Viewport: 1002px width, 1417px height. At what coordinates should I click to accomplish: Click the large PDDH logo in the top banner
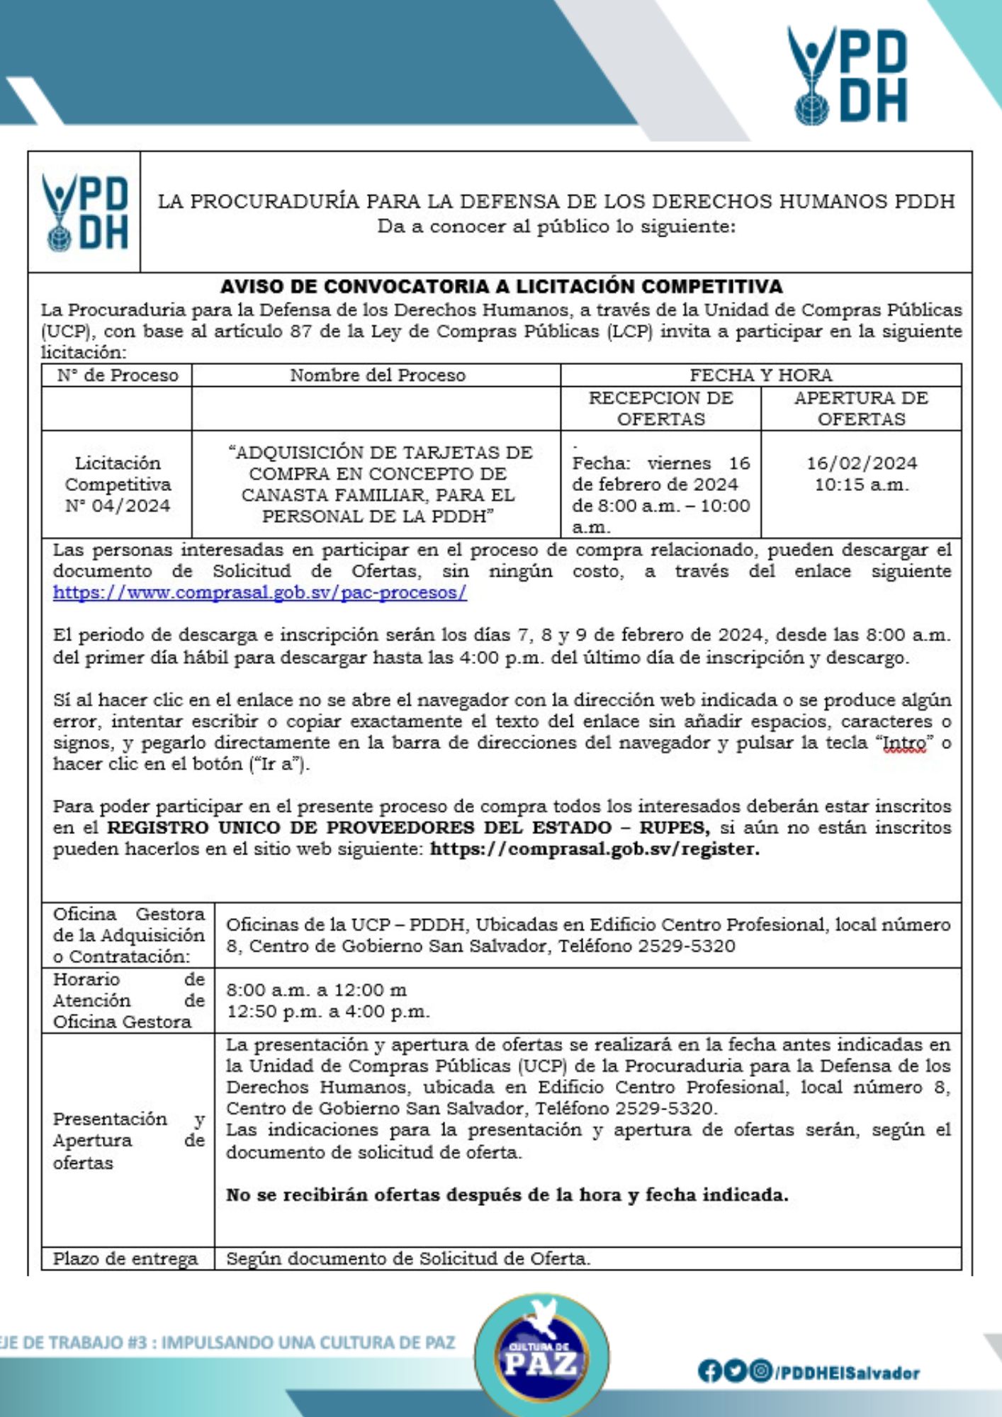pos(847,75)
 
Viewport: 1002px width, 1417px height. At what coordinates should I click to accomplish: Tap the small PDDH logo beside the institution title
pos(85,212)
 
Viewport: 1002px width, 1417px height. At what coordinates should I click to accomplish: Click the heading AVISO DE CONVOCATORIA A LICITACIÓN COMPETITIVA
pos(501,286)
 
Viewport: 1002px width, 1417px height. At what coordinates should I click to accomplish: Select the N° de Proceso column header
pos(117,375)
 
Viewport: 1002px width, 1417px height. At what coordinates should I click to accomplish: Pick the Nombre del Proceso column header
pos(377,375)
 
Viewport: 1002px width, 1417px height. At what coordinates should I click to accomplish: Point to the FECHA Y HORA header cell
pos(760,375)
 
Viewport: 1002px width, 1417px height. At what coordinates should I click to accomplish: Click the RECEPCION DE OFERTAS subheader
pos(660,408)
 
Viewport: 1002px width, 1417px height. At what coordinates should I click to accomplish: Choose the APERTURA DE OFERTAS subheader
pos(861,408)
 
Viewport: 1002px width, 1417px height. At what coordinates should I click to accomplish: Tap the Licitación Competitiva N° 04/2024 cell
pos(117,484)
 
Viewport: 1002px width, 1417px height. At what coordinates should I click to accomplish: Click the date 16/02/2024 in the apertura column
pos(861,463)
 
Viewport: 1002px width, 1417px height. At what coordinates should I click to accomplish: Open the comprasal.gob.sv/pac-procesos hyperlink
pos(260,592)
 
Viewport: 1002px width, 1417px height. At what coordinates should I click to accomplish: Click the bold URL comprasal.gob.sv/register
pos(595,849)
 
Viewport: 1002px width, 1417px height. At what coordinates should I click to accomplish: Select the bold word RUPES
pos(673,828)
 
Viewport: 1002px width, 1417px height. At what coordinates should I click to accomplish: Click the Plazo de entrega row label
pos(125,1259)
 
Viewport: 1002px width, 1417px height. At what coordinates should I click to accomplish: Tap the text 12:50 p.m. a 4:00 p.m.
pos(328,1011)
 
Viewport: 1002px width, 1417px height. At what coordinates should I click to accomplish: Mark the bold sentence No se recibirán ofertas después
pos(507,1195)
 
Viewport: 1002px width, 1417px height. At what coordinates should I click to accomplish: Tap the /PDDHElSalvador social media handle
pos(848,1372)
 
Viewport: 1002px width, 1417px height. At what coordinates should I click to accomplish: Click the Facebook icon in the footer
pos(709,1372)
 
